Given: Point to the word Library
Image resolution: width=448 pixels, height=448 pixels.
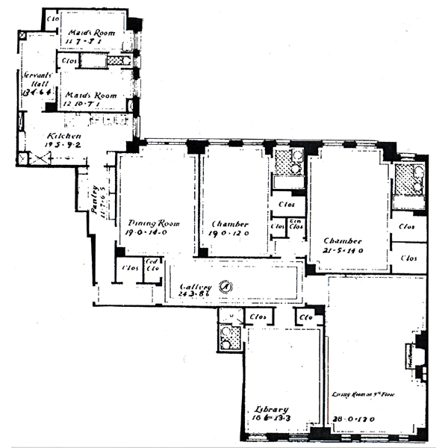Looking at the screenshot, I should pos(271,409).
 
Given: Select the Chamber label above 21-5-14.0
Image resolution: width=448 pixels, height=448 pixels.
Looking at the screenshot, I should pos(343,240).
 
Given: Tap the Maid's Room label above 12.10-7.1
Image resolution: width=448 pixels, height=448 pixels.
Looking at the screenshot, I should pos(90,96).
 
